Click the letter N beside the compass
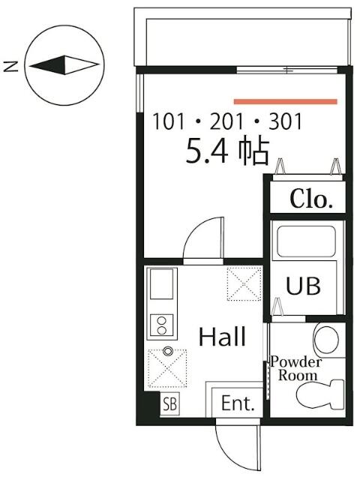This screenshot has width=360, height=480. (x=10, y=66)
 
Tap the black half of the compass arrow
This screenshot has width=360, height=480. (x=50, y=65)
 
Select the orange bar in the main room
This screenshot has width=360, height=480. (x=285, y=102)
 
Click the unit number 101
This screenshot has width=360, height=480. (x=168, y=121)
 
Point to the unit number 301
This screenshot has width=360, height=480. (x=285, y=121)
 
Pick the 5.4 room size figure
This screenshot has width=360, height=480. (x=207, y=151)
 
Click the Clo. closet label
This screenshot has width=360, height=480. (x=311, y=199)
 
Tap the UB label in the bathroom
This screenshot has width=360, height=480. (x=303, y=286)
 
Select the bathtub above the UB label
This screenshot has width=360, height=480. (x=306, y=241)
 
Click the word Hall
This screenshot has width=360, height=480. (x=222, y=337)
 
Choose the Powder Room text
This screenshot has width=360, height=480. (x=296, y=369)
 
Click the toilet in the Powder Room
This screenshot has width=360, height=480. (x=321, y=394)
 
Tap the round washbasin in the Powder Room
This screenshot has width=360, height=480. (x=328, y=339)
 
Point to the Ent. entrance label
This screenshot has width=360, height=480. (x=238, y=403)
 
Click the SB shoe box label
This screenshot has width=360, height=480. (x=170, y=404)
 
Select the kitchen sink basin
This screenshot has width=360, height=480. (x=161, y=283)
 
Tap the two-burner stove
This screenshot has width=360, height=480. (x=162, y=325)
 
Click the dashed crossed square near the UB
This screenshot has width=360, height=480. (x=244, y=283)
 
